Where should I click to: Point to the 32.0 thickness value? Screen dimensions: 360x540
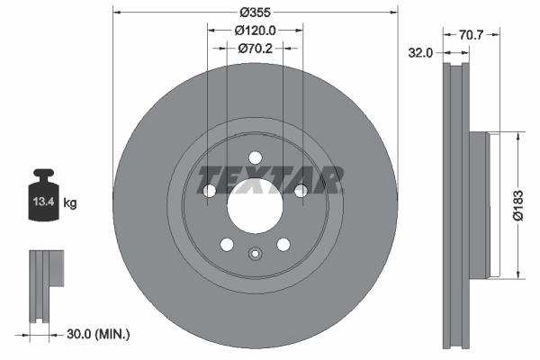[421, 53]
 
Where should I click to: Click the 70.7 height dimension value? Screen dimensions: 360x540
[472, 36]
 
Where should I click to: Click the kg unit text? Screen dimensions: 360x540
[70, 203]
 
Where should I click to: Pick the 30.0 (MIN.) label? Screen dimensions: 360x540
[98, 334]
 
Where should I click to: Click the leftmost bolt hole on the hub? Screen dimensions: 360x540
[210, 190]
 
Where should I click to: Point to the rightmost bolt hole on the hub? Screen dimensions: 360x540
[301, 189]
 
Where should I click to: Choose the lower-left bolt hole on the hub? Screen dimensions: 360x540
[227, 244]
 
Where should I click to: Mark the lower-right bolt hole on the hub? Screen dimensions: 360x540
[283, 244]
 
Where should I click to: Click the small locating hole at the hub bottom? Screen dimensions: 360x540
[255, 253]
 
